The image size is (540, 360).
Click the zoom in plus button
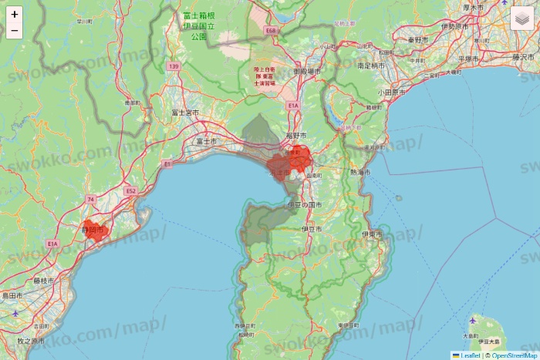(15, 14)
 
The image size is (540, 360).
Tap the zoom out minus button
(15, 31)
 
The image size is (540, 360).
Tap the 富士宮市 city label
(184, 113)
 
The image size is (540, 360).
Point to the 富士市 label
(205, 141)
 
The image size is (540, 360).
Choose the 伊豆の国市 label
(304, 204)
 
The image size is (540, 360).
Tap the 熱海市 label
(359, 172)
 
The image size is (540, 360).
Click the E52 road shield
(130, 190)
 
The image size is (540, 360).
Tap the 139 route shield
(174, 67)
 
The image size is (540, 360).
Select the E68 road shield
(270, 31)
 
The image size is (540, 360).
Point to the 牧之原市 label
(31, 340)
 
